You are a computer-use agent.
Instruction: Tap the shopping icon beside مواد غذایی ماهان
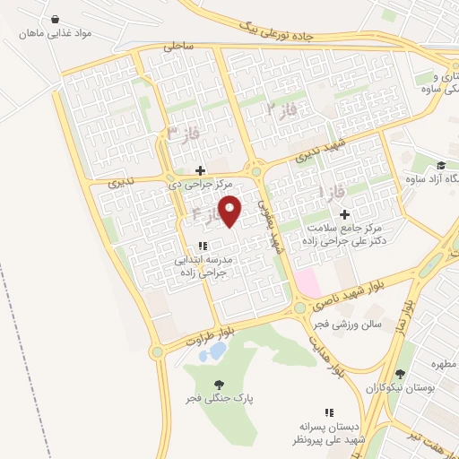pyautogui.click(x=56, y=19)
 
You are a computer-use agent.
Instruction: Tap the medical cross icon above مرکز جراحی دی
pyautogui.click(x=200, y=170)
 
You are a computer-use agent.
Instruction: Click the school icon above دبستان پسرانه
pyautogui.click(x=329, y=412)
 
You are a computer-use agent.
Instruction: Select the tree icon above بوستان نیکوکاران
pyautogui.click(x=400, y=374)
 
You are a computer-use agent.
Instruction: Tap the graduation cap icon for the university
pyautogui.click(x=440, y=166)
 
